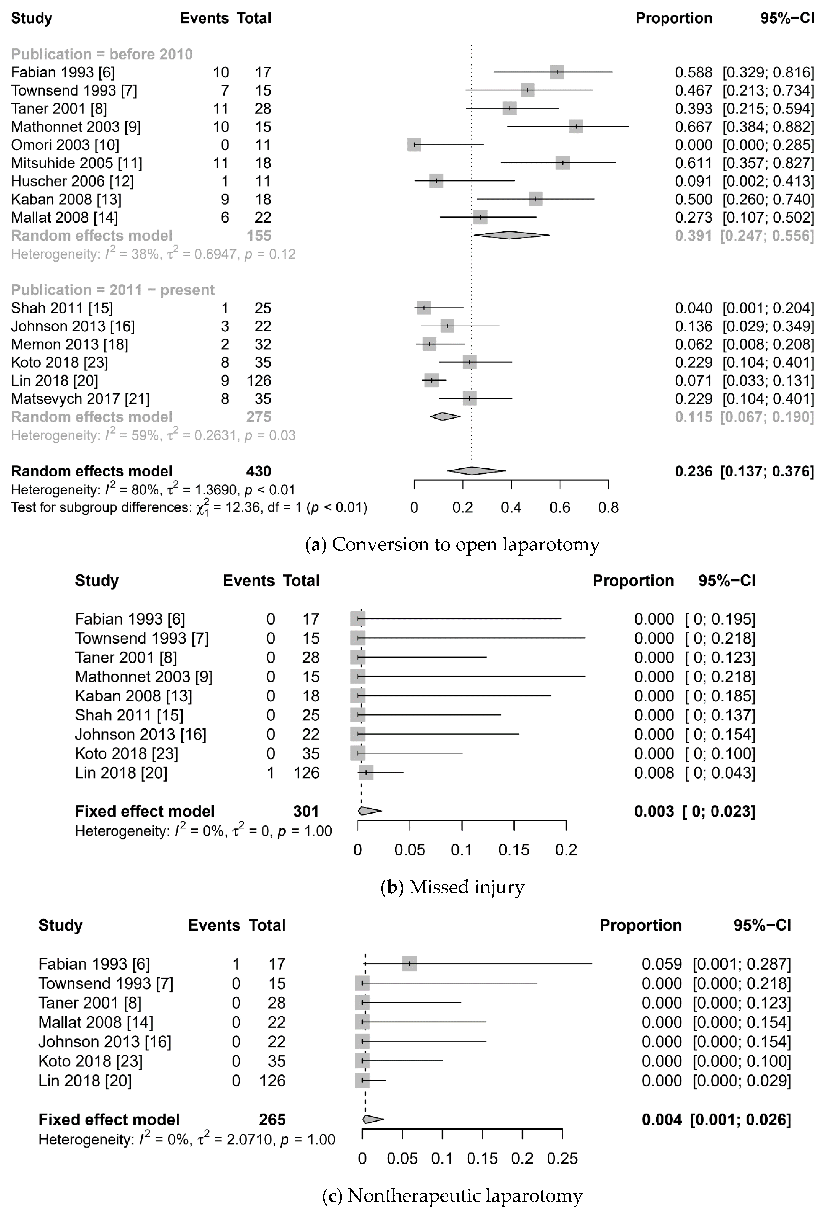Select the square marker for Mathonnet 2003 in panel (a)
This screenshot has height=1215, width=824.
tap(576, 127)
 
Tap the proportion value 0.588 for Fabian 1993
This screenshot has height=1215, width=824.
tap(693, 72)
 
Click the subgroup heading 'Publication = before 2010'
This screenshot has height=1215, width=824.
tap(102, 54)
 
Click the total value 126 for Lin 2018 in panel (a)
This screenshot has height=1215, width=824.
tap(259, 381)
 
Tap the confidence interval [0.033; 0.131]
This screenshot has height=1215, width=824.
tap(768, 381)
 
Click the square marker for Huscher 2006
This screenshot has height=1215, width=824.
tap(436, 181)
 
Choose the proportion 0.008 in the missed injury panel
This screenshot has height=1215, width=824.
tap(654, 773)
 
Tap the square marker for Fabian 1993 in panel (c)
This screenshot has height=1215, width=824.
tap(409, 963)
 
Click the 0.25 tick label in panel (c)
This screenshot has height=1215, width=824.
tap(562, 1159)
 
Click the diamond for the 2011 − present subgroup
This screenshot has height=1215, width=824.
tap(445, 417)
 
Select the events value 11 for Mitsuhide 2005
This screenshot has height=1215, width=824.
tap(221, 163)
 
